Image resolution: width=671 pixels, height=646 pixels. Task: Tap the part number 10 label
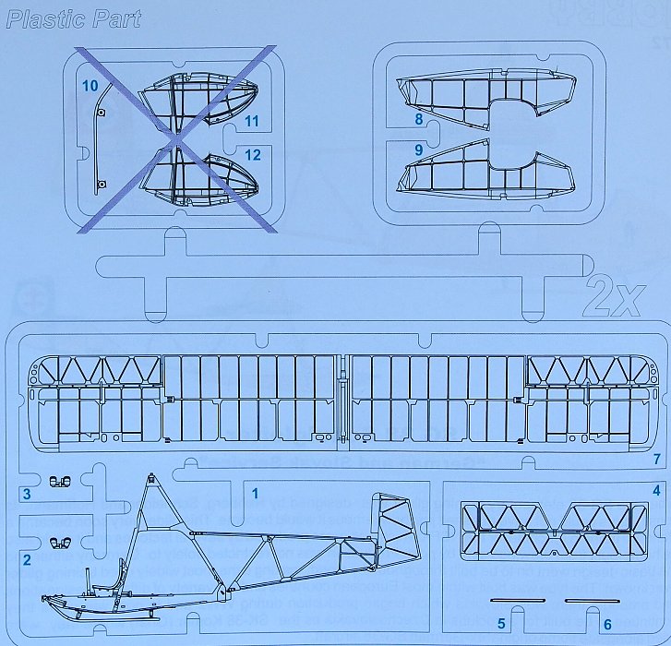[90, 86]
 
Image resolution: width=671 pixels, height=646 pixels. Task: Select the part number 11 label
[253, 121]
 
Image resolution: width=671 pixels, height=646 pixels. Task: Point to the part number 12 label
[253, 155]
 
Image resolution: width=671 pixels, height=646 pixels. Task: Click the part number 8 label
[418, 119]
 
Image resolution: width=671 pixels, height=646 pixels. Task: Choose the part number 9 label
[418, 149]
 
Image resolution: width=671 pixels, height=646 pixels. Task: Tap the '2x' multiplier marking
[614, 297]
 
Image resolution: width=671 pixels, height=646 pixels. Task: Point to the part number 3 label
[27, 495]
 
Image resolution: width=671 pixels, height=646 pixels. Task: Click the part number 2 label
[27, 559]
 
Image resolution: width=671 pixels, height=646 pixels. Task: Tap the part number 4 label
[656, 490]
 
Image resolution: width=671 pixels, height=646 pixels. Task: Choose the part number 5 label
[501, 625]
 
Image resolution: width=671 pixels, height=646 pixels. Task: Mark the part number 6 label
[606, 625]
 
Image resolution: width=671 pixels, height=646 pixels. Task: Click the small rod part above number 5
[511, 600]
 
